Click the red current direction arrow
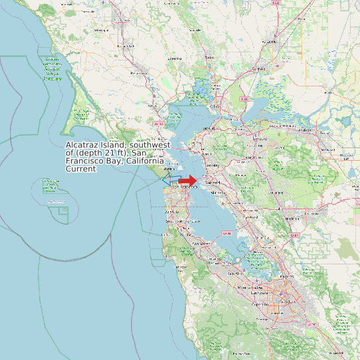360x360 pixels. click(188, 181)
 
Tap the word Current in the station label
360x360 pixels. click(81, 169)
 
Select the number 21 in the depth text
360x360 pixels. click(100, 153)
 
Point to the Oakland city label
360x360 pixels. click(213, 180)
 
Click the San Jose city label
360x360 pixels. click(287, 300)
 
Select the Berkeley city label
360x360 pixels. click(212, 165)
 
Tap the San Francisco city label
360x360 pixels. click(180, 189)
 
